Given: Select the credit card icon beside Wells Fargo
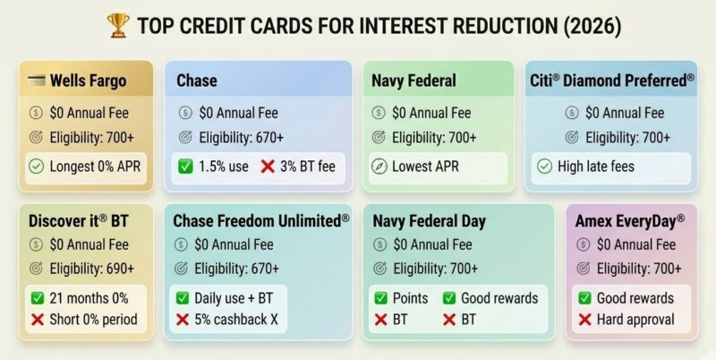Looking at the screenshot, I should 37,81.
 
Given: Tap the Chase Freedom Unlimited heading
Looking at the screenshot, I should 261,220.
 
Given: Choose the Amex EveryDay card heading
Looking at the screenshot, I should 630,220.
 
